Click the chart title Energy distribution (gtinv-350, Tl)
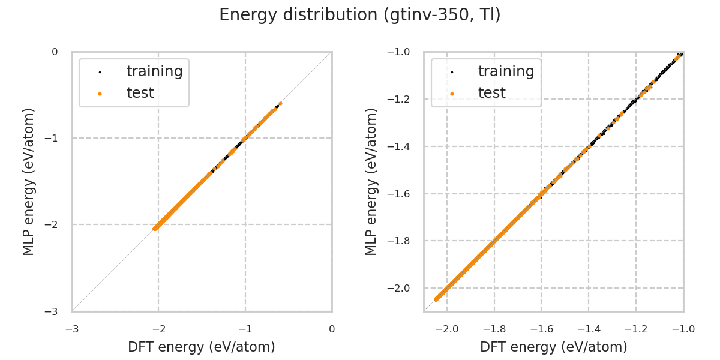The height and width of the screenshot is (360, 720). (x=360, y=15)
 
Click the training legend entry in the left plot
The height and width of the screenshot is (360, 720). (x=154, y=71)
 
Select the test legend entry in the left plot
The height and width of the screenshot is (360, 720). (x=140, y=93)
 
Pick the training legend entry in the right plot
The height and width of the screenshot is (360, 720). (x=506, y=71)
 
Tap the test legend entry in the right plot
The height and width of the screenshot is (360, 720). (x=491, y=93)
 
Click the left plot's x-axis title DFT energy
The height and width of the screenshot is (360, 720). (x=202, y=347)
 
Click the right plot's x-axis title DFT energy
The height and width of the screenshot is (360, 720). (x=553, y=347)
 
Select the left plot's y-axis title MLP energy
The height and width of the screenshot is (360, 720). (x=29, y=181)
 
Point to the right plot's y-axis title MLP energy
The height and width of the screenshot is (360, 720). (x=371, y=181)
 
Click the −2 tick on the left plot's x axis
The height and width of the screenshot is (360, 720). (x=158, y=329)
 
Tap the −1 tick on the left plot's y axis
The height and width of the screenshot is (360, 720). (x=54, y=138)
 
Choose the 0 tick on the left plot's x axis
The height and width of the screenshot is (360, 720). (x=332, y=329)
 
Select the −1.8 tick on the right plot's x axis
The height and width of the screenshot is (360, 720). (x=494, y=329)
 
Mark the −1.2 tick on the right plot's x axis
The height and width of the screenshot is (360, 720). (x=635, y=329)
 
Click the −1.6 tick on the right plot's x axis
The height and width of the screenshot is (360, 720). (x=541, y=329)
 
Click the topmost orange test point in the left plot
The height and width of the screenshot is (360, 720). (x=280, y=103)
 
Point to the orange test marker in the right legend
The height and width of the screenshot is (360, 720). (x=452, y=94)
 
